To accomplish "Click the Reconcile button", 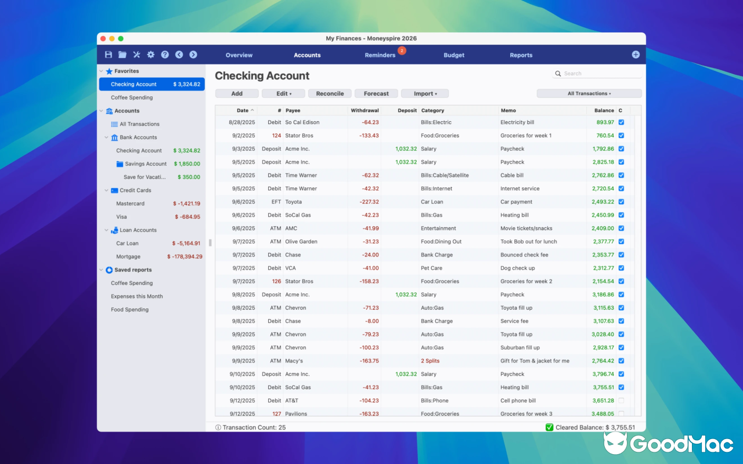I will [x=330, y=93].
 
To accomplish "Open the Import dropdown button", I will [x=425, y=93].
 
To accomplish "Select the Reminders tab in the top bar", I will [x=380, y=55].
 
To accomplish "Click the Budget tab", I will [x=454, y=55].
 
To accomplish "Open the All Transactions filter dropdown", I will [x=589, y=93].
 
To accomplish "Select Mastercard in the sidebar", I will [x=130, y=204].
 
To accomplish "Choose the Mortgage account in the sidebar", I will [x=128, y=256].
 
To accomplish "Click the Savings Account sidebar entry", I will [x=146, y=164].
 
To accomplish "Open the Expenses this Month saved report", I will [x=137, y=296].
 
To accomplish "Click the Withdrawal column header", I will [x=365, y=110].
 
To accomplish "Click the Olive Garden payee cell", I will [x=301, y=241].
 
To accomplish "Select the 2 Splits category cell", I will [x=430, y=361].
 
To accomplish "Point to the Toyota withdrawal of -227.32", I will [x=369, y=202].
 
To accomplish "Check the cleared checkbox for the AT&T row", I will [x=621, y=401].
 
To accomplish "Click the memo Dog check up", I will [x=517, y=268].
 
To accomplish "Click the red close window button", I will [x=103, y=39].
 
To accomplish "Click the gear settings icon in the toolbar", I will [x=151, y=55].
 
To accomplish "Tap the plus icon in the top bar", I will [x=636, y=55].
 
